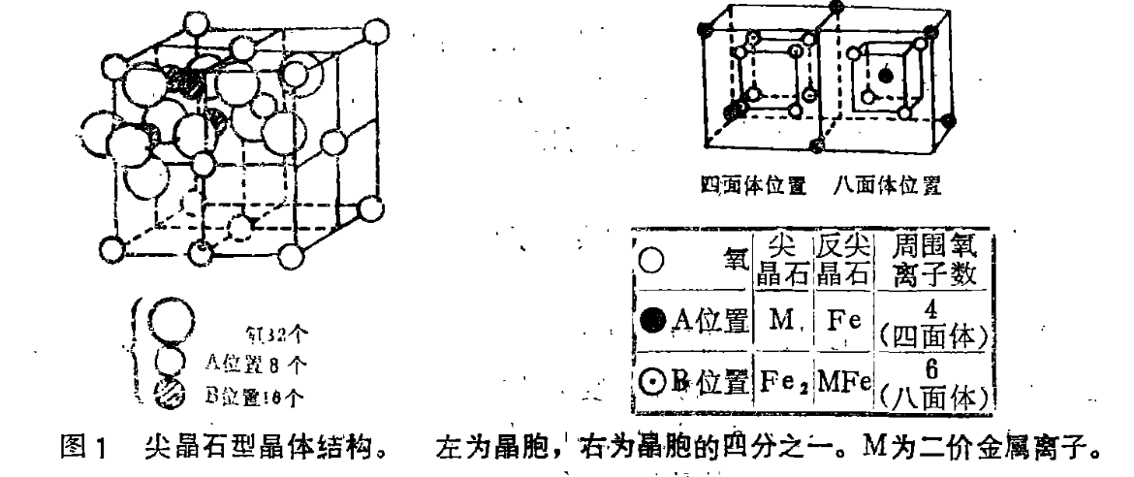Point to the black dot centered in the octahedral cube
click(x=883, y=76)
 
